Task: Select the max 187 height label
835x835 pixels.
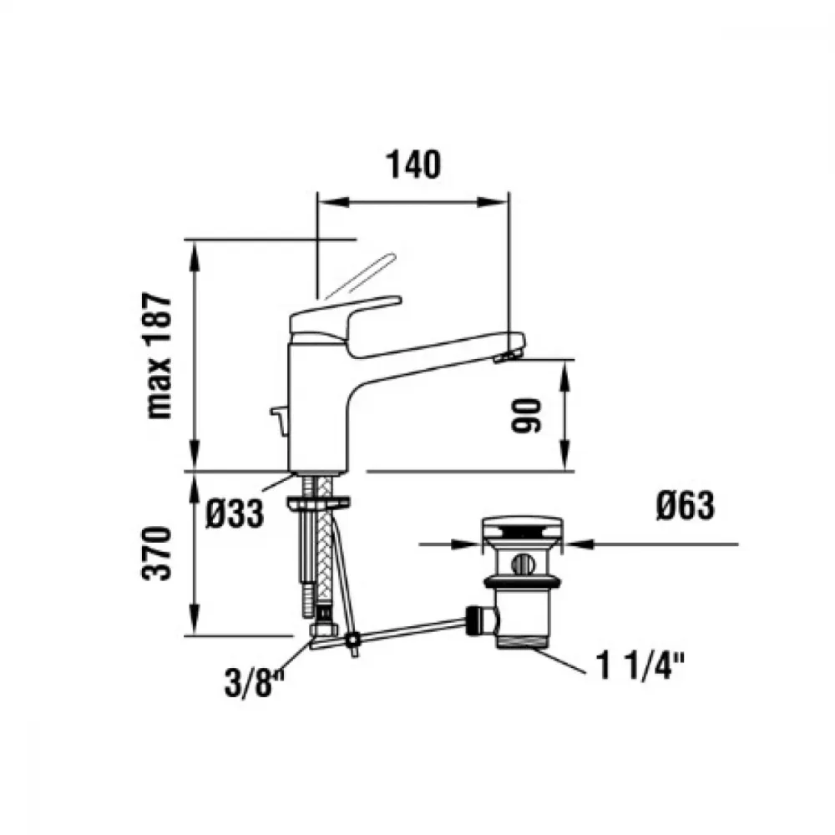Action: coord(160,355)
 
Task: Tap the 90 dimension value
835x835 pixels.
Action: coord(525,415)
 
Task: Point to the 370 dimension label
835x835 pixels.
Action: coord(158,553)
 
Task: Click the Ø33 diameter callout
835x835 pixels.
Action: coord(235,514)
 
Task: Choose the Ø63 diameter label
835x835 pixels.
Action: coord(685,505)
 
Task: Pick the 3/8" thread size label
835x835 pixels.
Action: coord(255,683)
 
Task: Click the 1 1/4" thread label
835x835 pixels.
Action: coord(640,665)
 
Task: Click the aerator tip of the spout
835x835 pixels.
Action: coord(507,356)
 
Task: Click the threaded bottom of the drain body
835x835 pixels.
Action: coord(522,640)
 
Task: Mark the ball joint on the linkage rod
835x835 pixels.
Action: coord(352,639)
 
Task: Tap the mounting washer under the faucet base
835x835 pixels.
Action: coord(318,502)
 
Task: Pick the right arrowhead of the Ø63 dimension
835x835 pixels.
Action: coord(579,544)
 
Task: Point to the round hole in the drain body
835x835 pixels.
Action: coord(522,564)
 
